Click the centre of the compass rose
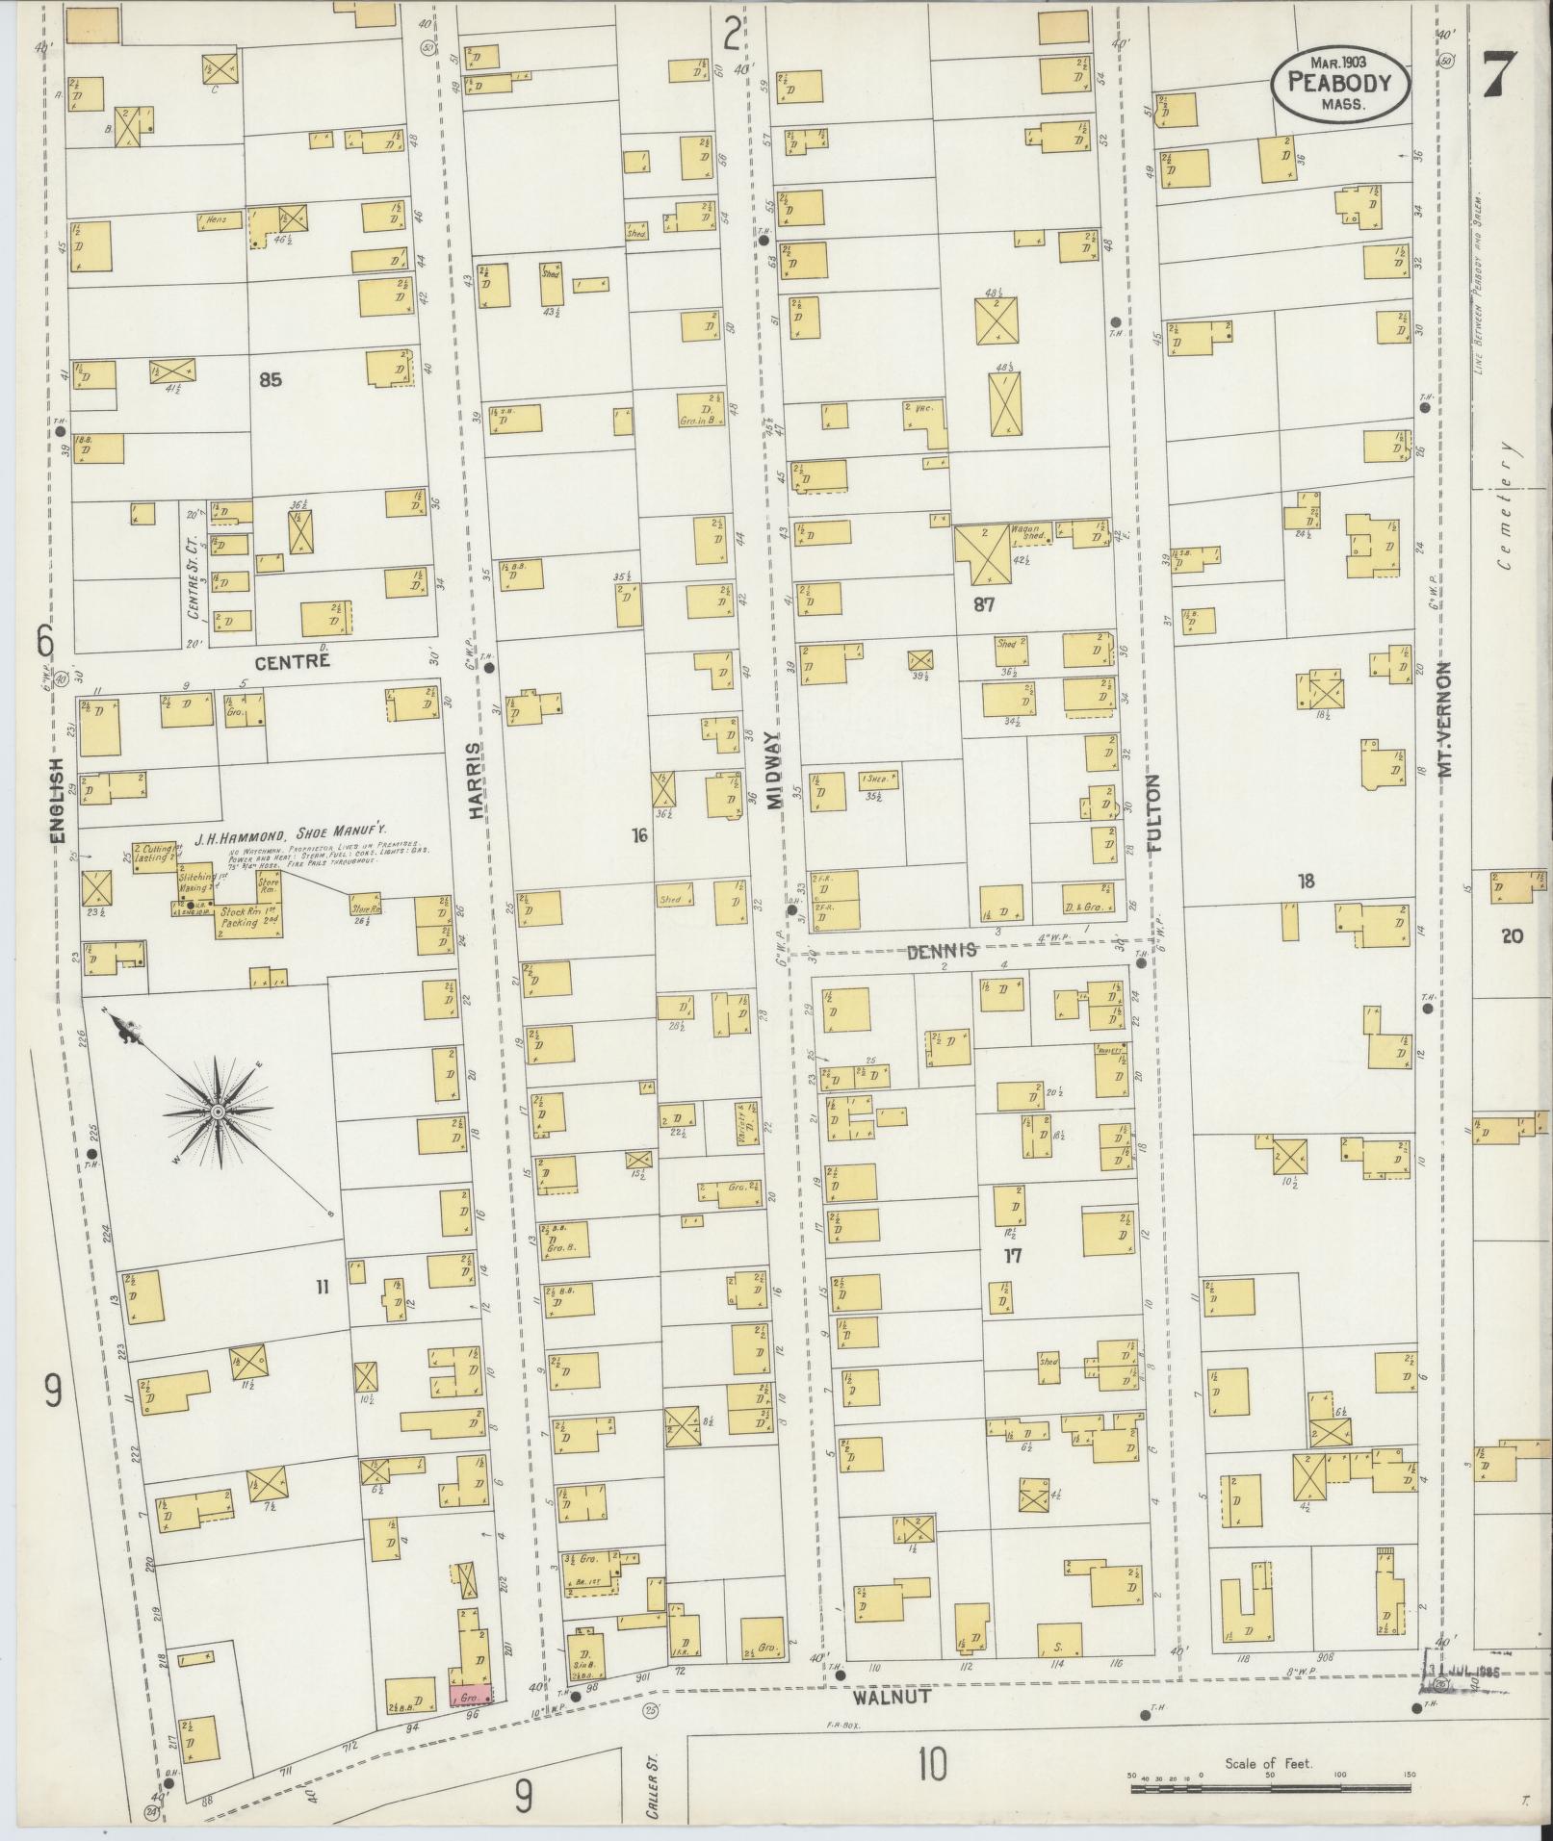click(x=218, y=1112)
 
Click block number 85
click(x=270, y=380)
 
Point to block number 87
click(x=983, y=604)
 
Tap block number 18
click(x=1306, y=881)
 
